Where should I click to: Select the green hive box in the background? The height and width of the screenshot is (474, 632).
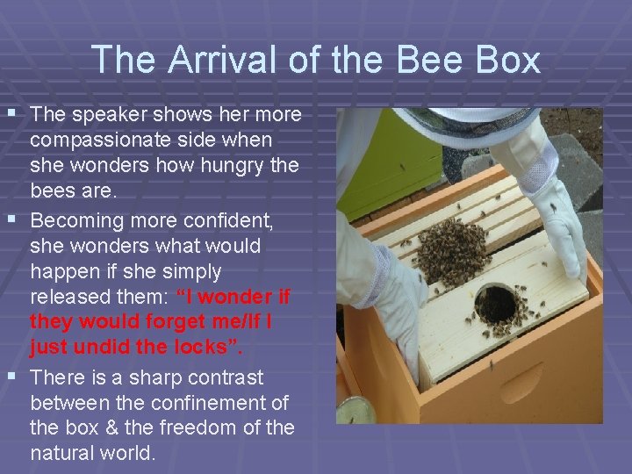click(399, 168)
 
